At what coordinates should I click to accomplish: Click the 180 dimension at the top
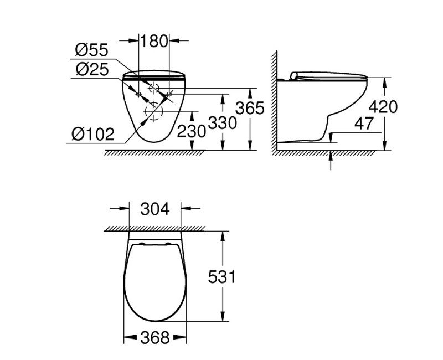(x=153, y=40)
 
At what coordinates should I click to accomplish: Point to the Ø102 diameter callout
(x=92, y=133)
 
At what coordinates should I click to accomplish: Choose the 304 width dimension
(x=154, y=209)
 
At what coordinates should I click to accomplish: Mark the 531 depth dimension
(x=221, y=276)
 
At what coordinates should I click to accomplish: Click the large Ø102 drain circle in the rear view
(x=153, y=112)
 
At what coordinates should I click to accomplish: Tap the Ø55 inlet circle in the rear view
(x=153, y=88)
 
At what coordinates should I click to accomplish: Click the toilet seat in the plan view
(x=154, y=282)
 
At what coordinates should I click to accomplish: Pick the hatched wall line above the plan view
(x=154, y=227)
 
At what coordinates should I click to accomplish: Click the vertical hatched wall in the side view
(x=273, y=102)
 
